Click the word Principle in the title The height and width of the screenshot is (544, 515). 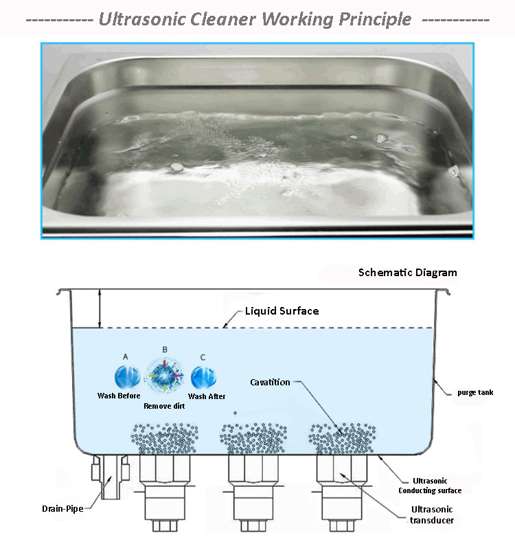(x=375, y=19)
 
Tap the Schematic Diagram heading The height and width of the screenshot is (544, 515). (x=407, y=273)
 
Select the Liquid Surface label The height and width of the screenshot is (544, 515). (x=282, y=311)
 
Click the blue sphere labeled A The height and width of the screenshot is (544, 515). (x=126, y=377)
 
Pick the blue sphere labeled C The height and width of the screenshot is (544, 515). (x=203, y=378)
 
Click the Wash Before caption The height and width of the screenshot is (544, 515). (x=119, y=396)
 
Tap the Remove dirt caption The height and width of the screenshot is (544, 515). (x=163, y=406)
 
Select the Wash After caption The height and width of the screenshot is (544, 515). (x=207, y=396)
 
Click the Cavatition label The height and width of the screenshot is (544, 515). (x=270, y=382)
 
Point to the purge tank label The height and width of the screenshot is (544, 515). (x=476, y=393)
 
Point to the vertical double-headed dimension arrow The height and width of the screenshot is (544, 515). (x=100, y=308)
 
